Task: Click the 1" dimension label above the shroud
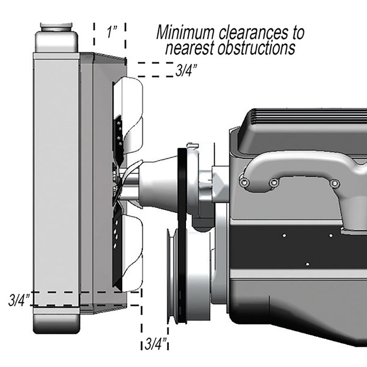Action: (x=110, y=32)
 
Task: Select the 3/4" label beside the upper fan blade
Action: (x=186, y=70)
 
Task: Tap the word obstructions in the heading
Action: (x=256, y=48)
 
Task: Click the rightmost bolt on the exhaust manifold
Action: (x=335, y=183)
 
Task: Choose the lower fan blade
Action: (x=130, y=251)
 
